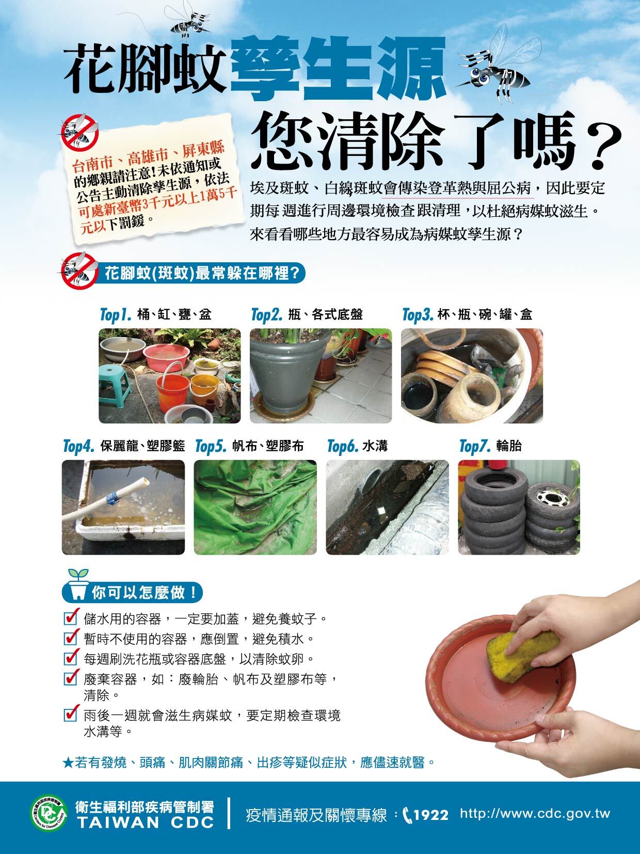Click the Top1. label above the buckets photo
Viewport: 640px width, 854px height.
pyautogui.click(x=116, y=314)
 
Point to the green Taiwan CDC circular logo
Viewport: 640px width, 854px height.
pyautogui.click(x=49, y=813)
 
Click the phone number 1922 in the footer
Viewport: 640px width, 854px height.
pyautogui.click(x=431, y=815)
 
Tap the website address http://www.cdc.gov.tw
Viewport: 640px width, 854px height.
pyautogui.click(x=535, y=814)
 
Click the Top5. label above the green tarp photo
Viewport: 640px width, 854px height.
pyautogui.click(x=211, y=446)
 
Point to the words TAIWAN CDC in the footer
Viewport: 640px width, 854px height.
pyautogui.click(x=146, y=823)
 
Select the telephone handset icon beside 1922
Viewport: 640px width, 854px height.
pyautogui.click(x=407, y=815)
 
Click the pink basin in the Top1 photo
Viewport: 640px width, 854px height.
pyautogui.click(x=166, y=357)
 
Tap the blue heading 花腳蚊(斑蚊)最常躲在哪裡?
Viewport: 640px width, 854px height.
pyautogui.click(x=202, y=274)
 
